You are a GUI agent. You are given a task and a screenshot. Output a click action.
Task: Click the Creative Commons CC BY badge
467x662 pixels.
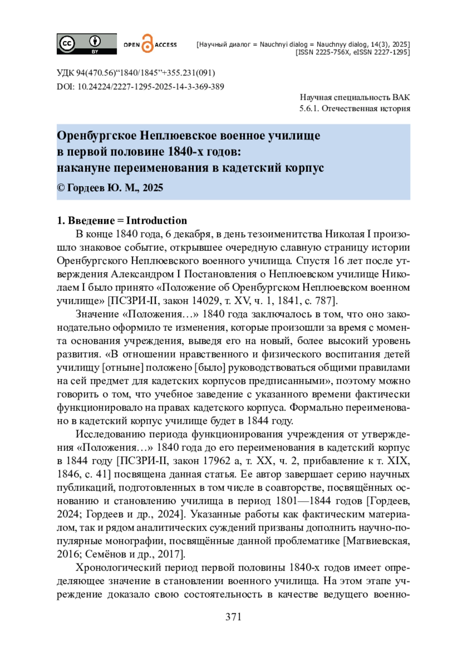click(x=86, y=44)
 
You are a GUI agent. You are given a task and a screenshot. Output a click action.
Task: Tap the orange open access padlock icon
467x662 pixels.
click(x=147, y=44)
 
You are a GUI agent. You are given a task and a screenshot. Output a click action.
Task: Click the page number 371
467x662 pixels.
click(x=233, y=617)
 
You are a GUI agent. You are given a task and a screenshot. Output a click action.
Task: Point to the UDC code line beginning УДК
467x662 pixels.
click(x=135, y=73)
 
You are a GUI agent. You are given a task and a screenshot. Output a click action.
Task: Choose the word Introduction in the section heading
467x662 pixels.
click(x=156, y=220)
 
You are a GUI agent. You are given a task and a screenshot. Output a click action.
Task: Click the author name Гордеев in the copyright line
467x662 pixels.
click(x=86, y=188)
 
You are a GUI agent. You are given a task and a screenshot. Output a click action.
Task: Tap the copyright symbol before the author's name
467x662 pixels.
click(x=61, y=188)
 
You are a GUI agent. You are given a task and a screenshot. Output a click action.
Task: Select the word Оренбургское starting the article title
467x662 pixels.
click(x=97, y=135)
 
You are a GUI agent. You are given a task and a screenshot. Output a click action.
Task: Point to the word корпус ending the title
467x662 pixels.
click(x=304, y=168)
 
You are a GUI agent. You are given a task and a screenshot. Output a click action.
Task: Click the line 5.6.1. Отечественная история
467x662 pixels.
click(x=355, y=108)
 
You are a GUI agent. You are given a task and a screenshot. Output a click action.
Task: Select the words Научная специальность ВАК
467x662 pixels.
click(x=355, y=97)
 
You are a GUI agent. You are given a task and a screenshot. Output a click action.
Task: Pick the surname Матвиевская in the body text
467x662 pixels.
click(x=378, y=541)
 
